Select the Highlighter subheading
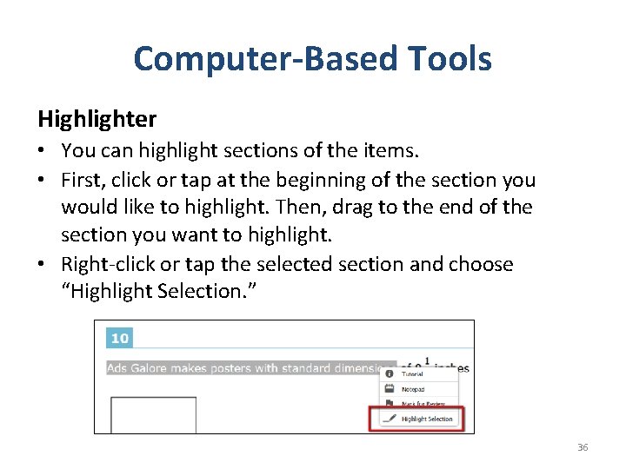click(x=97, y=118)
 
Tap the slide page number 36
click(x=583, y=447)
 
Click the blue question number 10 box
click(x=118, y=338)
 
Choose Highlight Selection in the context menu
click(x=426, y=419)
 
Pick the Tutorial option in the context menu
click(x=412, y=374)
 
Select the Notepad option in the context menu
click(x=414, y=389)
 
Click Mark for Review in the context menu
click(x=423, y=404)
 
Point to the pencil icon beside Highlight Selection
click(x=389, y=419)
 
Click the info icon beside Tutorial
click(x=389, y=374)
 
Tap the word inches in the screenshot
click(x=450, y=368)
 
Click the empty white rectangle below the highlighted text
click(x=141, y=413)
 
